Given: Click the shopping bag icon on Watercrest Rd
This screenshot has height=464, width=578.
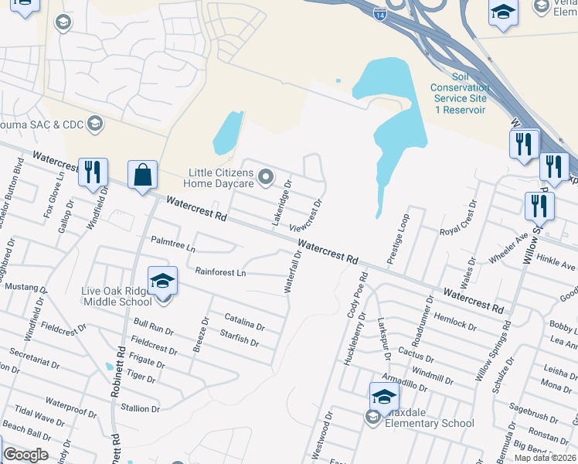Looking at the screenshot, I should click(144, 174).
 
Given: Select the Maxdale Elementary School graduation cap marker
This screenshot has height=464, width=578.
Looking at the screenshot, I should click(384, 397).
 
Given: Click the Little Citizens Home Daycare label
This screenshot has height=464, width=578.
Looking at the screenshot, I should click(219, 178).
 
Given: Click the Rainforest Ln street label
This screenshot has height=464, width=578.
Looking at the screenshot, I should click(220, 272).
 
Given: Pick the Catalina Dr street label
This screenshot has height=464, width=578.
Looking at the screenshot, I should click(244, 318).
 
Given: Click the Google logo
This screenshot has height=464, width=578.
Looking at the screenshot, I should click(25, 455).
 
